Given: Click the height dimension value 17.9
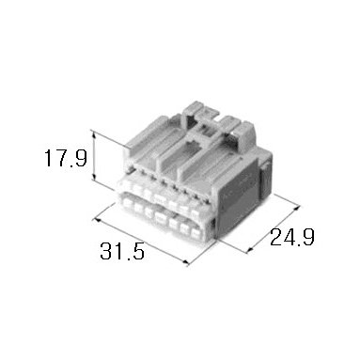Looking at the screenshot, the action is pyautogui.click(x=66, y=158).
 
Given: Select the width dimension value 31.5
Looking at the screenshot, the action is pyautogui.click(x=122, y=251).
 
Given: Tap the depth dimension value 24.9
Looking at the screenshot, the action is pyautogui.click(x=292, y=237).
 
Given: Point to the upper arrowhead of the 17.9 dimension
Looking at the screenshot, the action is pyautogui.click(x=94, y=133).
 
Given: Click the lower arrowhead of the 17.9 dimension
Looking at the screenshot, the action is pyautogui.click(x=94, y=178).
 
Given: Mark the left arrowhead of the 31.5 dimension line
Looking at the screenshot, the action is pyautogui.click(x=98, y=221).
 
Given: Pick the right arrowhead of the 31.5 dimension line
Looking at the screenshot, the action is pyautogui.click(x=185, y=262).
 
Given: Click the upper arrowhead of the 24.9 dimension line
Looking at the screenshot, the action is pyautogui.click(x=297, y=208).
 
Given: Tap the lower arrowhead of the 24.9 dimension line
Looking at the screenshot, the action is pyautogui.click(x=250, y=250).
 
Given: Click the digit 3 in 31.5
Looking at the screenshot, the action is pyautogui.click(x=105, y=251).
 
